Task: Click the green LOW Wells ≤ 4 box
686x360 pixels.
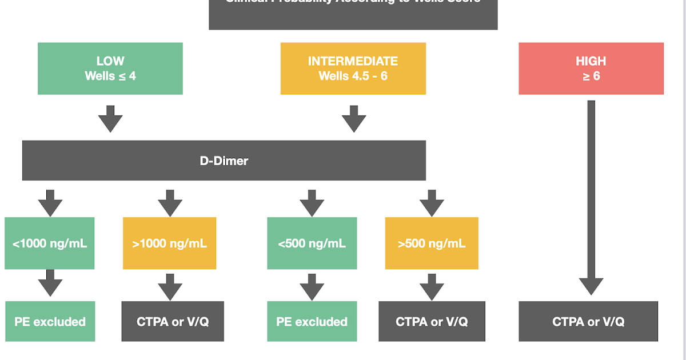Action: [110, 69]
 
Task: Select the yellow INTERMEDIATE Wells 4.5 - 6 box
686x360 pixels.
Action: [353, 69]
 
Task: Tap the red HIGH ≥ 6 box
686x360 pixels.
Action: [591, 69]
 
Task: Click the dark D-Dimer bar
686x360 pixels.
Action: [224, 161]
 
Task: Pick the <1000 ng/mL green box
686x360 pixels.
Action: [50, 243]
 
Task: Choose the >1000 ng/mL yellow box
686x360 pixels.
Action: [170, 243]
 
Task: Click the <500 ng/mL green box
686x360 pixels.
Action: [312, 243]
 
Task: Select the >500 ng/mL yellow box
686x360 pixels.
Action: [432, 243]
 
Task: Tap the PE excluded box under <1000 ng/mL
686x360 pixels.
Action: [50, 321]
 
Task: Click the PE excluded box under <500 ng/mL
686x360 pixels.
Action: [312, 321]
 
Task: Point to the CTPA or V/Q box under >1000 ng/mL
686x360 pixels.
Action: [173, 321]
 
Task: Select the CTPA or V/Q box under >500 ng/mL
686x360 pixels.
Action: [432, 321]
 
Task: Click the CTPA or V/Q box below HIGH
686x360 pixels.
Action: [588, 321]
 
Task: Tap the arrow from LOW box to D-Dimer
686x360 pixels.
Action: [110, 119]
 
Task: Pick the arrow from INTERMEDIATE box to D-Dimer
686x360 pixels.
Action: [354, 119]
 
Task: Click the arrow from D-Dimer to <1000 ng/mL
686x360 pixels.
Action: [50, 203]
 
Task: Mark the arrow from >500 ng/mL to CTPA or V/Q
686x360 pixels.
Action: [432, 286]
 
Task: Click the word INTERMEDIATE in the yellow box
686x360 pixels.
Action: [353, 61]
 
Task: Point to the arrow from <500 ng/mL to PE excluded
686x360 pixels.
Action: [312, 286]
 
